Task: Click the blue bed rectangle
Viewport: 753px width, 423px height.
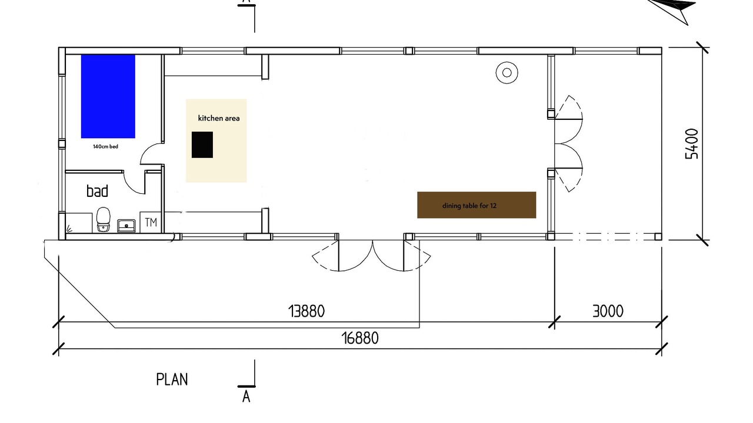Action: [108, 96]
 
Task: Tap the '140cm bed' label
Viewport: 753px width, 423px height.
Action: [105, 146]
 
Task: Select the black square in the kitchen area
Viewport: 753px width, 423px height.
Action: [202, 145]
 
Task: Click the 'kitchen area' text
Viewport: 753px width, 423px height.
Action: [219, 118]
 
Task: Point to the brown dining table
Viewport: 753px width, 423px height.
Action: [477, 205]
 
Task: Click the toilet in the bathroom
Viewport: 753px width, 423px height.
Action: [104, 219]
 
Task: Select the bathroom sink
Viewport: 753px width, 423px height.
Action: [126, 226]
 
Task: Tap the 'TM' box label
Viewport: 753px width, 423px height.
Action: [151, 222]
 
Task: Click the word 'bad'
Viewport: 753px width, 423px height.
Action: [98, 191]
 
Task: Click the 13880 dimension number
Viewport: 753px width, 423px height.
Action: [306, 311]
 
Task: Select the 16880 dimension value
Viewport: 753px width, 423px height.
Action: [360, 338]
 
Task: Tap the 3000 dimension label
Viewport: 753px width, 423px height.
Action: [608, 311]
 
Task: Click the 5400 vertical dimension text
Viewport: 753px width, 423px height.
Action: [692, 144]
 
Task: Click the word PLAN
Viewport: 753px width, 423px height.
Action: [172, 380]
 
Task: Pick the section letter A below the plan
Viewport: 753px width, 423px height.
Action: [246, 397]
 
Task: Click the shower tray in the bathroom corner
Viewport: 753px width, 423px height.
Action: [79, 223]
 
